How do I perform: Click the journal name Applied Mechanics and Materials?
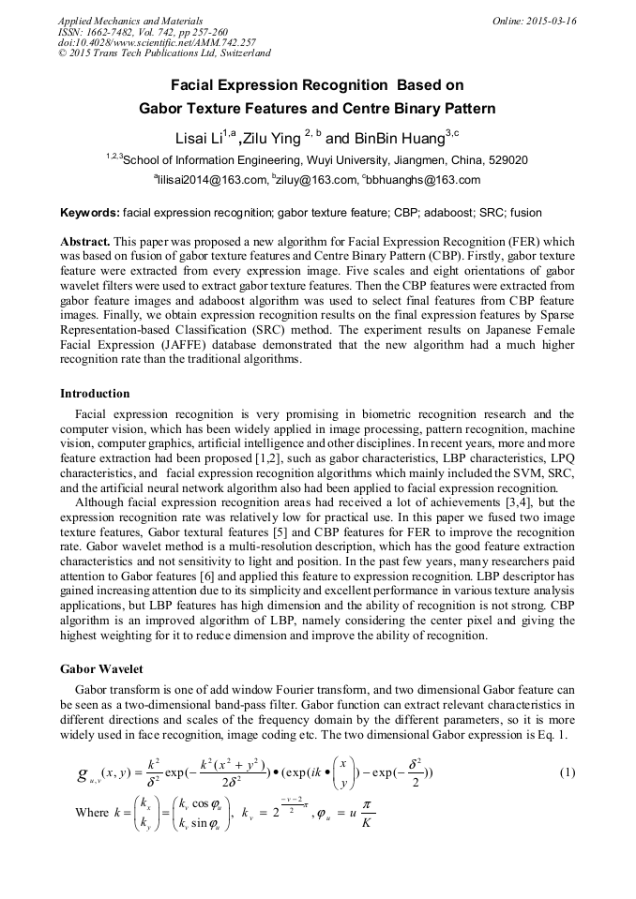118,21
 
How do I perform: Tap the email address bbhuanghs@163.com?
426,180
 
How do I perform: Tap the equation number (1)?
567,772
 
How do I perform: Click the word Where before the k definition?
92,812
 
